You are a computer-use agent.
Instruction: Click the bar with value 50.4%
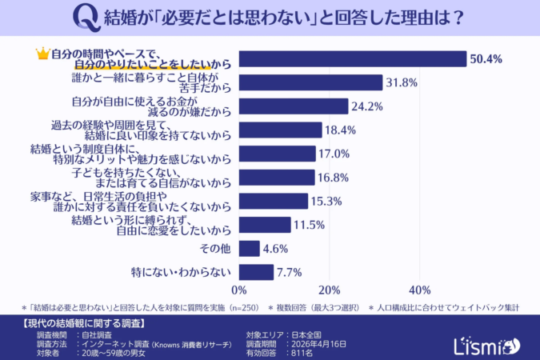point(352,59)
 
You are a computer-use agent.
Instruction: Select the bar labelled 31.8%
point(310,82)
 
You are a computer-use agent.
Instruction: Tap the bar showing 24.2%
point(293,106)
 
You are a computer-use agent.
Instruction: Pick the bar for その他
point(249,248)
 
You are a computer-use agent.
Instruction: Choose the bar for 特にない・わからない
point(256,272)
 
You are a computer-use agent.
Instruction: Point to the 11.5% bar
point(264,225)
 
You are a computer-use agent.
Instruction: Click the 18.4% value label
point(339,130)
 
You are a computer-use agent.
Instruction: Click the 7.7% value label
point(289,272)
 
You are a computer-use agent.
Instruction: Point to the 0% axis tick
point(238,289)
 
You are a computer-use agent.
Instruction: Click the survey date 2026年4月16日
point(319,343)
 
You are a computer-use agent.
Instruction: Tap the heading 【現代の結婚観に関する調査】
point(80,323)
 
